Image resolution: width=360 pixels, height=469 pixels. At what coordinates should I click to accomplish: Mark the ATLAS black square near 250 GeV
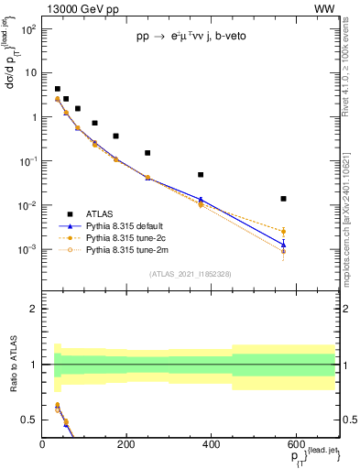coord(147,153)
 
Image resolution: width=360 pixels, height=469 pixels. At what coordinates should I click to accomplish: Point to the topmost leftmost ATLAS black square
coord(57,89)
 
